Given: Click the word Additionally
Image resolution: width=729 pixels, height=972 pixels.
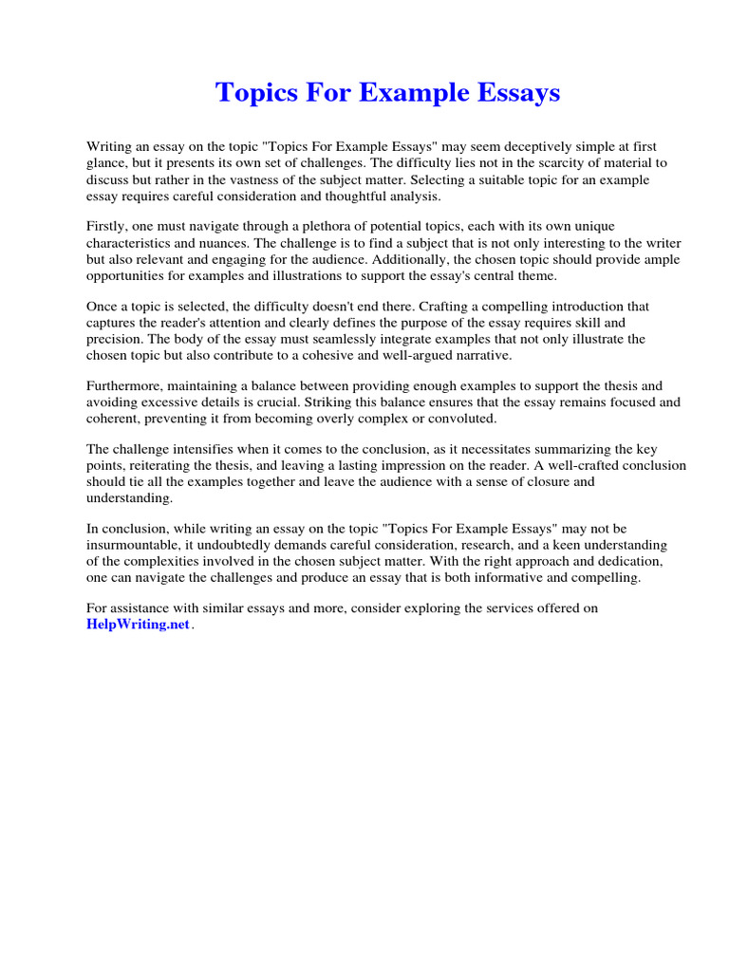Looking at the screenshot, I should [418, 259].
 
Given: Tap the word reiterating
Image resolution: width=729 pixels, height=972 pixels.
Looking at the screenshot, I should [167, 466].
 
